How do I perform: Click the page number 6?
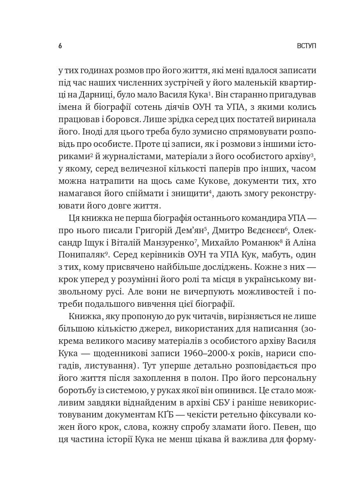[x=60, y=46]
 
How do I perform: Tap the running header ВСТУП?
[x=307, y=46]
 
